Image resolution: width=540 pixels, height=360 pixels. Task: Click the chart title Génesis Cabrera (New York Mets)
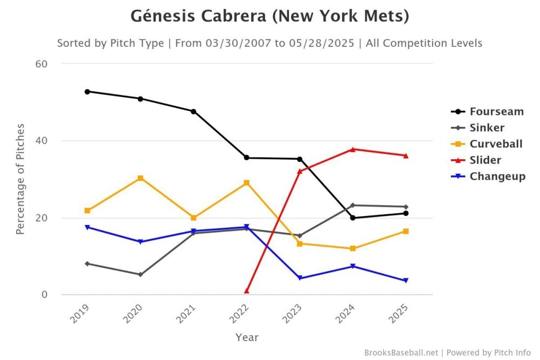[x=269, y=16]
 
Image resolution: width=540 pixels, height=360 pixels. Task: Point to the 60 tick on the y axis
[x=42, y=64]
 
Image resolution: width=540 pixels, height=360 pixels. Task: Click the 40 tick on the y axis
[x=42, y=141]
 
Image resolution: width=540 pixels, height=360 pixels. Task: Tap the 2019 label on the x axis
[x=80, y=313]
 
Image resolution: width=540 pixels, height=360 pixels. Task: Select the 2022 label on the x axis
[x=239, y=313]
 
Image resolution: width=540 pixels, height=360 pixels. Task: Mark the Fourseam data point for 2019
[x=87, y=91]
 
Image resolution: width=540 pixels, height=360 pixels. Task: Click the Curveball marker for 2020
[x=140, y=178]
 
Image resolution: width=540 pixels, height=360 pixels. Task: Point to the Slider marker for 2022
[x=246, y=291]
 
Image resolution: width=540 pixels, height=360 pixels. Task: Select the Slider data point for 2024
[x=353, y=149]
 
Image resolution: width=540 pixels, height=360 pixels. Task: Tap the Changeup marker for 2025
[x=406, y=281]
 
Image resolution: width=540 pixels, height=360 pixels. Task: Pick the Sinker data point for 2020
[x=140, y=275]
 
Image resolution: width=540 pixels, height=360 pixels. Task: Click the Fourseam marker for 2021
[x=193, y=111]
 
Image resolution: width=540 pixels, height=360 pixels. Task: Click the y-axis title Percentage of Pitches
[x=20, y=179]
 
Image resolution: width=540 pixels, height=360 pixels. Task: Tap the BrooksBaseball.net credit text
[x=401, y=352]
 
